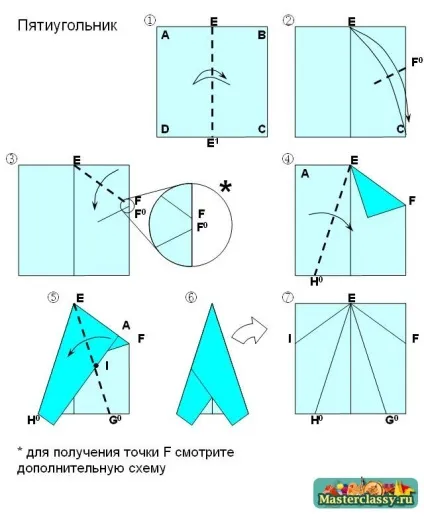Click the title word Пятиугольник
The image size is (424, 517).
click(x=67, y=26)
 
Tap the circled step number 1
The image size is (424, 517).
click(x=150, y=20)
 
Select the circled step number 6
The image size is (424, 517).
click(x=191, y=297)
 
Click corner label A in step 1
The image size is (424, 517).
click(x=165, y=35)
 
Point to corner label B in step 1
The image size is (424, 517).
click(x=262, y=35)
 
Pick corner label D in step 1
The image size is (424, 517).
click(x=165, y=129)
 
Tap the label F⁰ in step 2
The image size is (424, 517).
click(x=417, y=62)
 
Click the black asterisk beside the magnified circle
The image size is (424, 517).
click(x=226, y=187)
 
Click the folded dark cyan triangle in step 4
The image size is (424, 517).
click(x=375, y=192)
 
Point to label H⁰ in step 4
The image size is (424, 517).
click(x=316, y=282)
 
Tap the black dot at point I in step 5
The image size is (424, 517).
click(x=96, y=366)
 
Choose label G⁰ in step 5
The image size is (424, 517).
click(x=115, y=420)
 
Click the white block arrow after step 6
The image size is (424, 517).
click(x=249, y=331)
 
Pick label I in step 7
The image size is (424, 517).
click(x=290, y=339)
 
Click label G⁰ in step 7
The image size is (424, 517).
click(x=392, y=420)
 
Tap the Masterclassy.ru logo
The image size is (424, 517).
click(x=366, y=493)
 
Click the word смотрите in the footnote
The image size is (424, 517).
click(x=204, y=453)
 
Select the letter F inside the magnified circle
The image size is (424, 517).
click(x=201, y=214)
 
